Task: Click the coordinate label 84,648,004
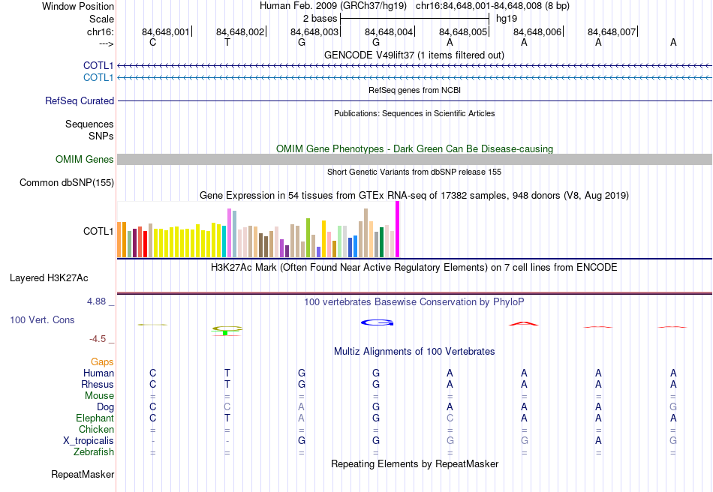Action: (x=388, y=31)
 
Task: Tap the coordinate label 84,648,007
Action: (x=612, y=31)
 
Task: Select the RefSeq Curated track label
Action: (x=80, y=100)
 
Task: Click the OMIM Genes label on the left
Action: (x=85, y=159)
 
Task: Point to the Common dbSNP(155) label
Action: (x=67, y=182)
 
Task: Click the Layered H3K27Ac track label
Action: (x=49, y=277)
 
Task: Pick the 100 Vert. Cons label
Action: (x=42, y=319)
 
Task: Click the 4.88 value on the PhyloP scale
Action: (x=98, y=301)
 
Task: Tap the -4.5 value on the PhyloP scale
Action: (x=98, y=339)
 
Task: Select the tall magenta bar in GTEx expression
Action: (x=397, y=229)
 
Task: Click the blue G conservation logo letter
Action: (x=377, y=322)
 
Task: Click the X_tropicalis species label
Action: (x=89, y=441)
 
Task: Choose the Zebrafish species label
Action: (x=94, y=452)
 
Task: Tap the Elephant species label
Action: (x=95, y=418)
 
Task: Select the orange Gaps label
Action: (x=102, y=361)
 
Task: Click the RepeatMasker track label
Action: (x=83, y=474)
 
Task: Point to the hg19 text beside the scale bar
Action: (x=507, y=18)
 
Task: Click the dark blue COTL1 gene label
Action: (x=98, y=66)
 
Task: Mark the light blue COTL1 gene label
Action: (x=98, y=77)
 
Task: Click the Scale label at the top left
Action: (x=101, y=19)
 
